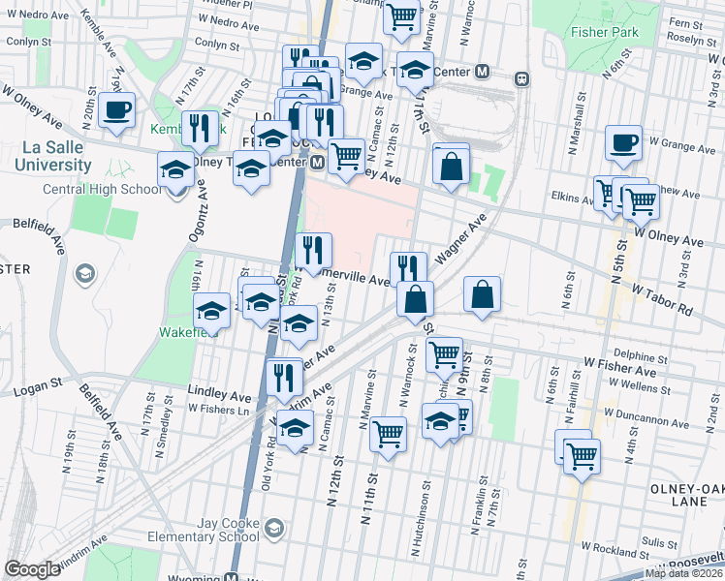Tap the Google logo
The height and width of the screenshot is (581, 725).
tap(32, 569)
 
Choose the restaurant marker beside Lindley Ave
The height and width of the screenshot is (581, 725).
tap(283, 376)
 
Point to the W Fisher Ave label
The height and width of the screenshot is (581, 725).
tap(620, 370)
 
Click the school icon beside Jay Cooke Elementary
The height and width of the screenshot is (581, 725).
tap(275, 529)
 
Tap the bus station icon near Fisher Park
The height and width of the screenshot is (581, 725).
tap(521, 77)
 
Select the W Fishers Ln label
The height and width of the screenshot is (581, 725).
tap(219, 409)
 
